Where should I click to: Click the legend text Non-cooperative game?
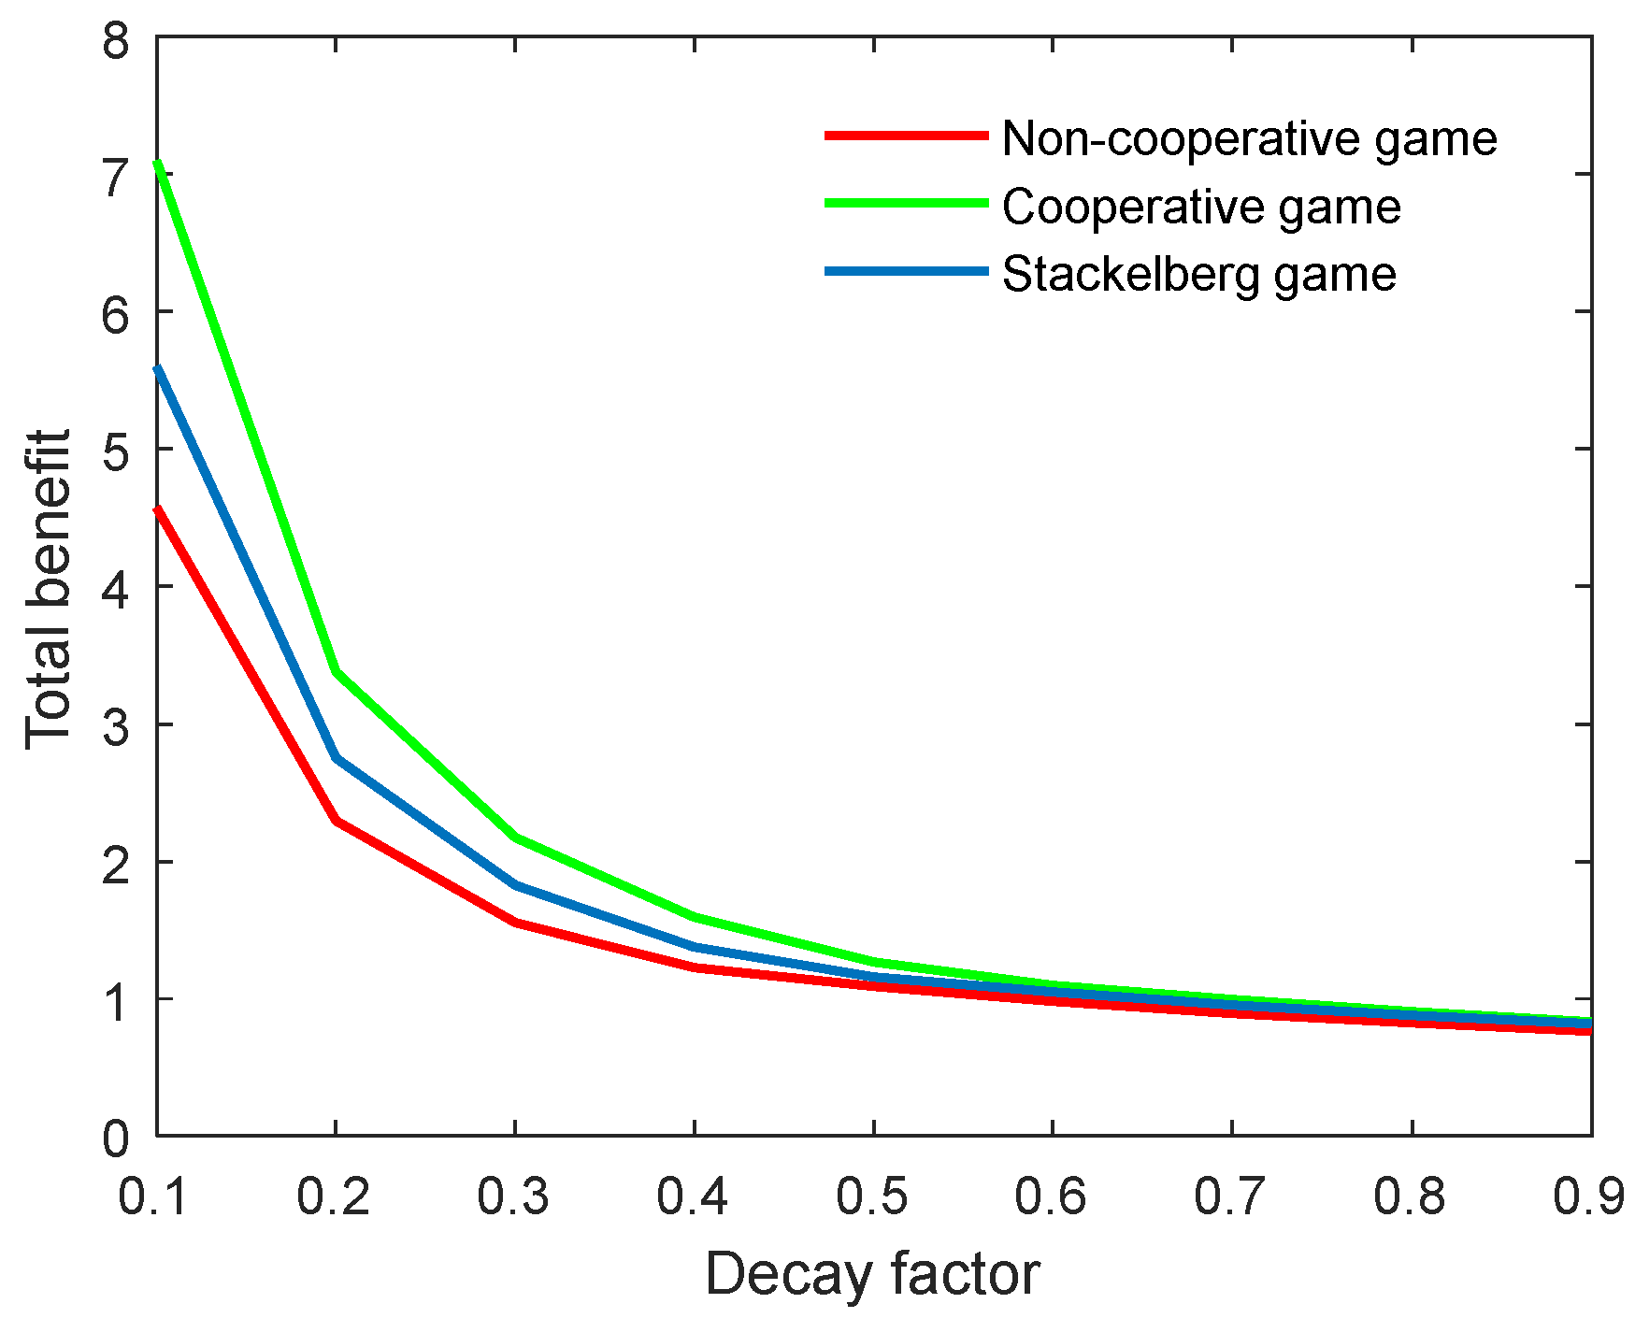pyautogui.click(x=1249, y=138)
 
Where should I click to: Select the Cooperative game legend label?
pyautogui.click(x=1201, y=207)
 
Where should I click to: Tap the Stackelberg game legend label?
pyautogui.click(x=1198, y=275)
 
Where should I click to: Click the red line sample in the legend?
pyautogui.click(x=906, y=136)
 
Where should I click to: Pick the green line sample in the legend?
pyautogui.click(x=906, y=204)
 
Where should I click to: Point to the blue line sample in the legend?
pyautogui.click(x=906, y=272)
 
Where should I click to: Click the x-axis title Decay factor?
pyautogui.click(x=872, y=1273)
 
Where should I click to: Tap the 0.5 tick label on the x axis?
pyautogui.click(x=872, y=1196)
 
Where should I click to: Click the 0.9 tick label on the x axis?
pyautogui.click(x=1589, y=1196)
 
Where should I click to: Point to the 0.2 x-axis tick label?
pyautogui.click(x=335, y=1196)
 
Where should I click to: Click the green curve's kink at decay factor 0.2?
pyautogui.click(x=336, y=672)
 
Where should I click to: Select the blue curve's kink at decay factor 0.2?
pyautogui.click(x=336, y=758)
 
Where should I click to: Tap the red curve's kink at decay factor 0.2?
pyautogui.click(x=336, y=821)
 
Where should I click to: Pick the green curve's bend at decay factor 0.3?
pyautogui.click(x=515, y=837)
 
